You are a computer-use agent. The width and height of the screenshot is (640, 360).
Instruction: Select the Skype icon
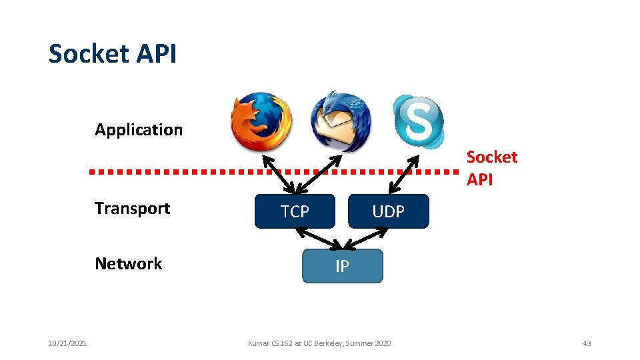(x=417, y=120)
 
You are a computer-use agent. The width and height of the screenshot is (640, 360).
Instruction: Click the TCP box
(x=295, y=211)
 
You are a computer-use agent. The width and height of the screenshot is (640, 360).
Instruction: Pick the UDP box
(x=388, y=211)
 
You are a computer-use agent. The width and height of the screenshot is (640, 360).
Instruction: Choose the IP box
(x=342, y=267)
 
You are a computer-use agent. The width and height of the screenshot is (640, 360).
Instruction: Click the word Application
(x=139, y=129)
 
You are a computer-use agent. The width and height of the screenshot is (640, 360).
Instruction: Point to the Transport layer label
(x=132, y=208)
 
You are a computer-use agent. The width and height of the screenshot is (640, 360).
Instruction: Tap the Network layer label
(x=128, y=263)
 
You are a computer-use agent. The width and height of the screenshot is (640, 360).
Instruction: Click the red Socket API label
(x=491, y=168)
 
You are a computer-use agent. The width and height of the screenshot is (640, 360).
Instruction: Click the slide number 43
(x=587, y=343)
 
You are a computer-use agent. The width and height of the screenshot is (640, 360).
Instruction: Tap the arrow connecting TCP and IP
(x=317, y=238)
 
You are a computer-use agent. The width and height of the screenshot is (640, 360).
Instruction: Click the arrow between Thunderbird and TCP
(x=317, y=173)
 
